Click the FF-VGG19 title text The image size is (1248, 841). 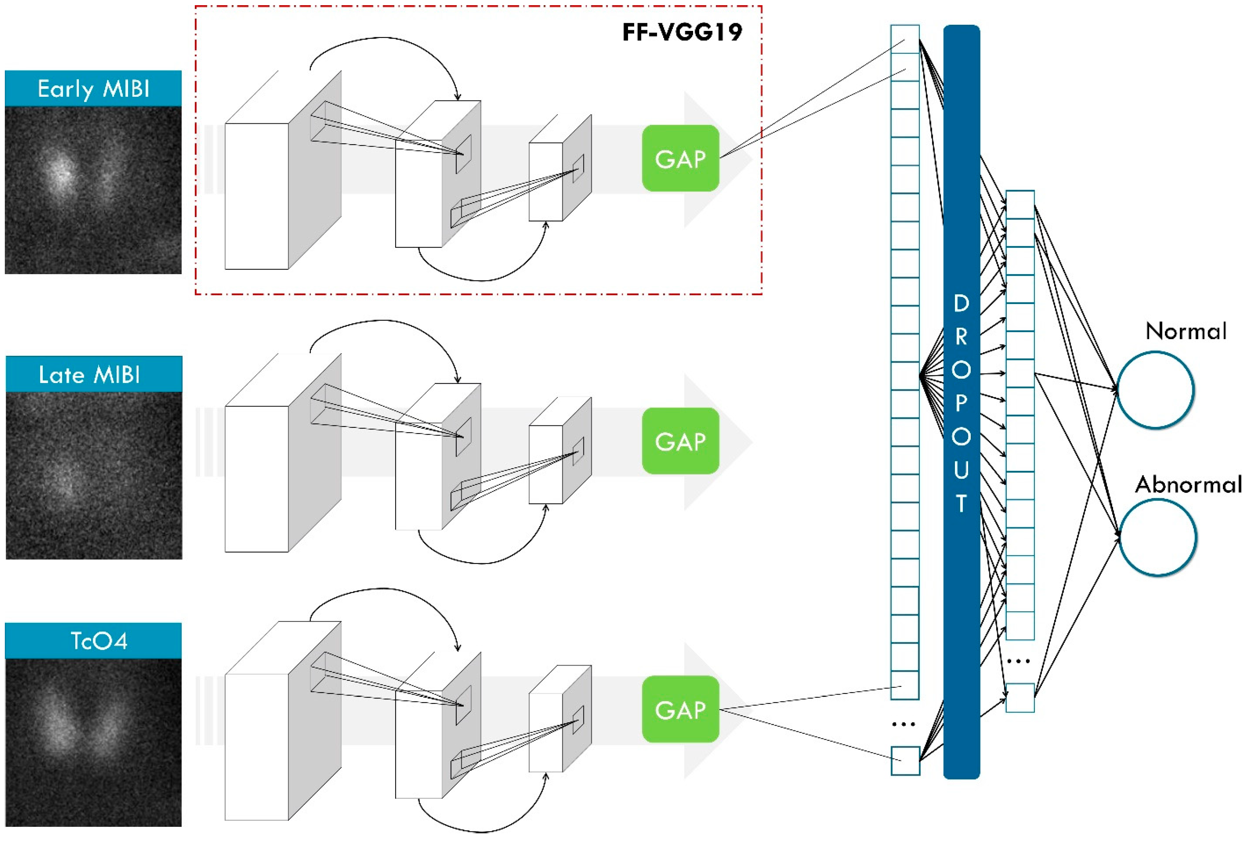pos(682,32)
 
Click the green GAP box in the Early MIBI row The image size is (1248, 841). pos(680,159)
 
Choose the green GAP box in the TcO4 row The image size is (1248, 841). pos(680,710)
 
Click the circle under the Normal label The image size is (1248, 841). pos(1155,390)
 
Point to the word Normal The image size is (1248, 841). pos(1186,331)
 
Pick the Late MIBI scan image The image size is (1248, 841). pos(94,475)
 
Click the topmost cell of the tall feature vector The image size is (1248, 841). pos(905,39)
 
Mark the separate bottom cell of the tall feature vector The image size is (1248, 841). pos(905,761)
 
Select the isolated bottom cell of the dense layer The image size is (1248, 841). pos(1020,698)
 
